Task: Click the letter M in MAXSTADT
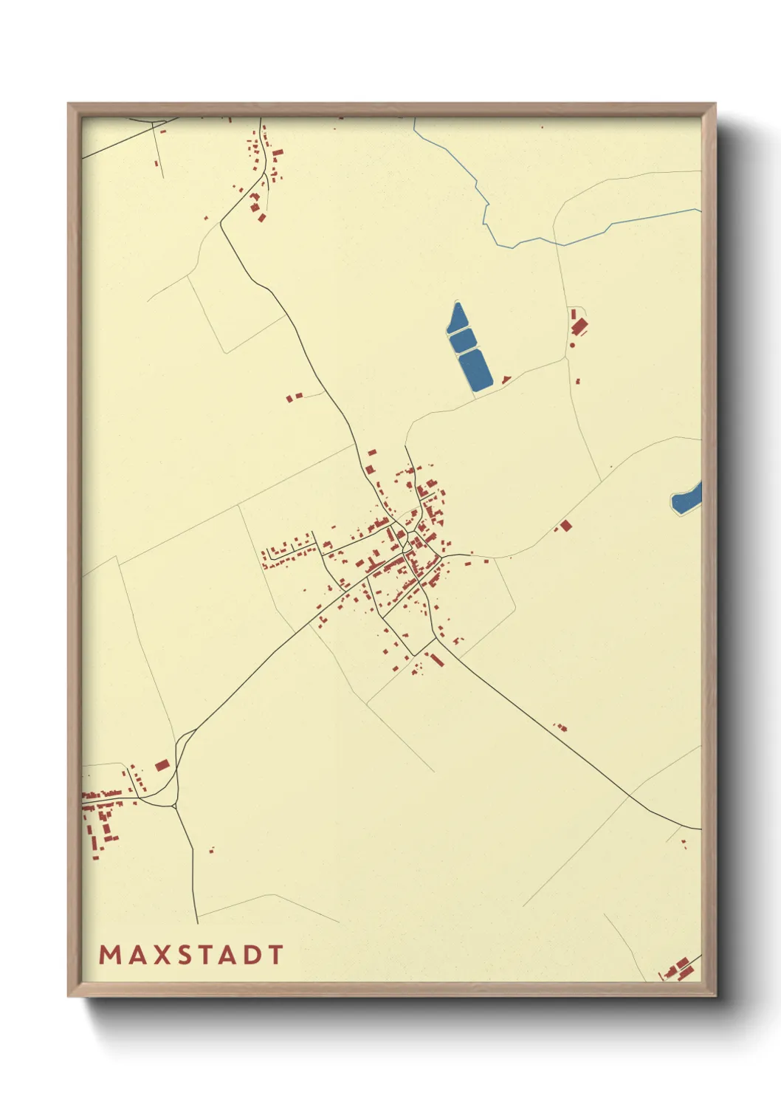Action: coord(109,955)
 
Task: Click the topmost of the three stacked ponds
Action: coord(457,318)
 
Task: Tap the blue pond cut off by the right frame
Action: coord(687,500)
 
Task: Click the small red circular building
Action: coord(572,345)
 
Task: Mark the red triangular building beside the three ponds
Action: coord(506,380)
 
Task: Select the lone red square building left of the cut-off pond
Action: coord(566,526)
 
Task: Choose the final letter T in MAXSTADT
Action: coord(275,955)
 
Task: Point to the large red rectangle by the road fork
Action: coord(162,765)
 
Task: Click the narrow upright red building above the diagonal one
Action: coord(574,314)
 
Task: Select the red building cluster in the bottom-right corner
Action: coord(681,967)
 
